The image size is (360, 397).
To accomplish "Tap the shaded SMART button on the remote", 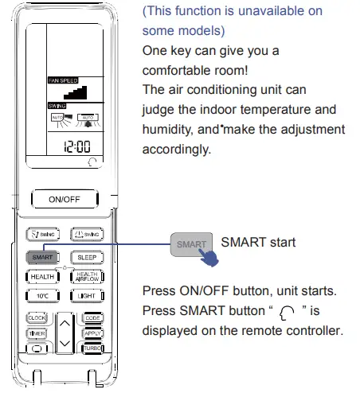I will (x=41, y=257).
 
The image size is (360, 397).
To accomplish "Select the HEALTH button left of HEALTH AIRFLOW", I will (x=41, y=276).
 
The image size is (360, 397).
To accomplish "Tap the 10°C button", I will (x=41, y=296).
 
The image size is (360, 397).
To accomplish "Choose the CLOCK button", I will (x=37, y=317).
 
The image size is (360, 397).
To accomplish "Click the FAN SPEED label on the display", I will (x=65, y=80).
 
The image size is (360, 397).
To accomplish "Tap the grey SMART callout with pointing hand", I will (x=192, y=245).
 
